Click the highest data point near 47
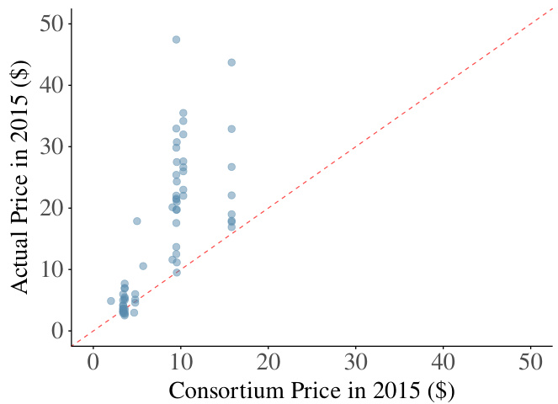click(x=176, y=40)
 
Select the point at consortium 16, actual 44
click(x=231, y=62)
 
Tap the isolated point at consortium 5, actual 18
click(x=136, y=221)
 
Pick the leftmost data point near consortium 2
click(x=110, y=300)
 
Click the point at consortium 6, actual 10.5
click(x=143, y=266)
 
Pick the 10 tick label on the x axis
click(x=180, y=364)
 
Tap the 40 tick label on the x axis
click(x=444, y=364)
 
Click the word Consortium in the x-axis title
click(x=221, y=391)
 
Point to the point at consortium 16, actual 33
click(x=231, y=129)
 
